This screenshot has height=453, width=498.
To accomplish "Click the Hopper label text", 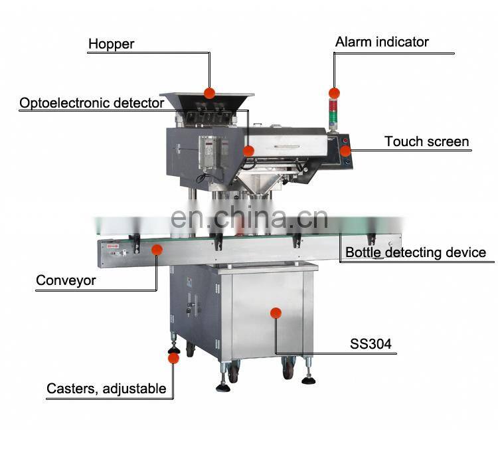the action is pyautogui.click(x=112, y=45).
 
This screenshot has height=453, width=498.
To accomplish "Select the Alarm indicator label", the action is pyautogui.click(x=382, y=42).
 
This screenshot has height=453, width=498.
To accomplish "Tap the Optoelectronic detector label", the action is pyautogui.click(x=92, y=103).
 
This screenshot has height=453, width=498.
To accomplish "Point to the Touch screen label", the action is pyautogui.click(x=427, y=141).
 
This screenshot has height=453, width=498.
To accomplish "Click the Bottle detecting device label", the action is pyautogui.click(x=416, y=252).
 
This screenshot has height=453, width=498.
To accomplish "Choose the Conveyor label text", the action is pyautogui.click(x=66, y=280).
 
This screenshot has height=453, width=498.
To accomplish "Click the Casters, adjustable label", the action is pyautogui.click(x=106, y=389).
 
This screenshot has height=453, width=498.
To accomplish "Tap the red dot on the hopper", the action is pyautogui.click(x=209, y=92).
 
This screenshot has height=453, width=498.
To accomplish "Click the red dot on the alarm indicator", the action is pyautogui.click(x=334, y=92).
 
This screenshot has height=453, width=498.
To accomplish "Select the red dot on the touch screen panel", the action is pyautogui.click(x=346, y=151).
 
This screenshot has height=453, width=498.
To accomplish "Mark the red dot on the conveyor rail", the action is pyautogui.click(x=157, y=249).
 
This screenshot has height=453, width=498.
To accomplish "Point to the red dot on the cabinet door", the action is pyautogui.click(x=276, y=312).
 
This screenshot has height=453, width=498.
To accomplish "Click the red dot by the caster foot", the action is pyautogui.click(x=173, y=358).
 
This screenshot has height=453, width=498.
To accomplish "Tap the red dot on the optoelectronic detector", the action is pyautogui.click(x=248, y=151).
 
